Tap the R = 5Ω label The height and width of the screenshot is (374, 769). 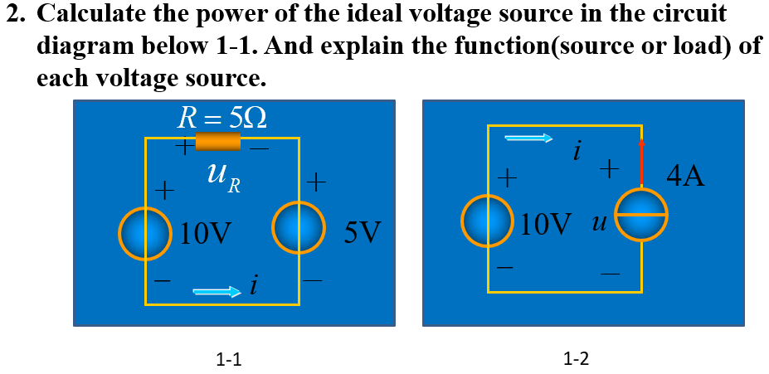222,118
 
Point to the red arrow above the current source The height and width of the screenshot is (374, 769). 640,162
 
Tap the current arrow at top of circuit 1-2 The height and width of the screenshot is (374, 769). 528,138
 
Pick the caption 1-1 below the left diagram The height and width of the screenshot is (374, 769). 228,359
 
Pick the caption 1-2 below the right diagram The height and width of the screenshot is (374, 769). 575,359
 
